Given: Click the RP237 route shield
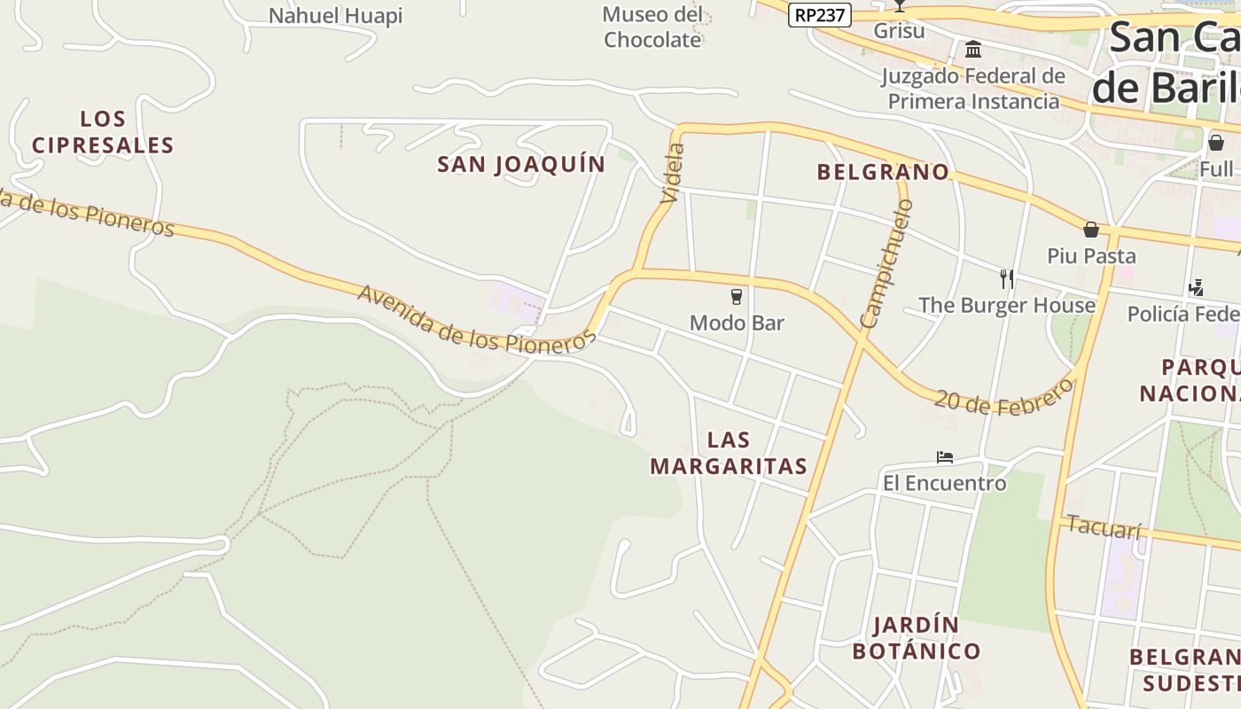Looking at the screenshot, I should point(819,14).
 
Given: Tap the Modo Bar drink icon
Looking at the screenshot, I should point(737,297).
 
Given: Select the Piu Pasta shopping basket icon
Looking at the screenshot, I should point(1091,230).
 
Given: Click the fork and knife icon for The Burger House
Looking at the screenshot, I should point(1006,279).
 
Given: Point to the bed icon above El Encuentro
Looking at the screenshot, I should point(945,457).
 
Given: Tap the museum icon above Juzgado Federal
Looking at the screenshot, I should point(973,50).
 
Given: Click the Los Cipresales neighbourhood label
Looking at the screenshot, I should point(103,132).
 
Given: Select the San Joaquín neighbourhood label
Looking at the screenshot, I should point(521,164).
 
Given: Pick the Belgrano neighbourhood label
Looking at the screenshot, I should point(883,172).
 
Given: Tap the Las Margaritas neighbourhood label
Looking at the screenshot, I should point(729,453).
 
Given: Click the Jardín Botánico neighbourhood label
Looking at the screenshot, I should point(917,638).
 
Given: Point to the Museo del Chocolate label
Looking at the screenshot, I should point(652,27).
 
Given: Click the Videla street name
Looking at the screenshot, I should point(673,173).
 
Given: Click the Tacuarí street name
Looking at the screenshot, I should point(1104,526).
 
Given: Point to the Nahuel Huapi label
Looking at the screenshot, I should point(335,16).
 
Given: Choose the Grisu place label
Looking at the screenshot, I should point(899,31).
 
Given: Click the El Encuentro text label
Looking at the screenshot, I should point(945,483).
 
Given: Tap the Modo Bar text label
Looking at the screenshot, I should point(737,323).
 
